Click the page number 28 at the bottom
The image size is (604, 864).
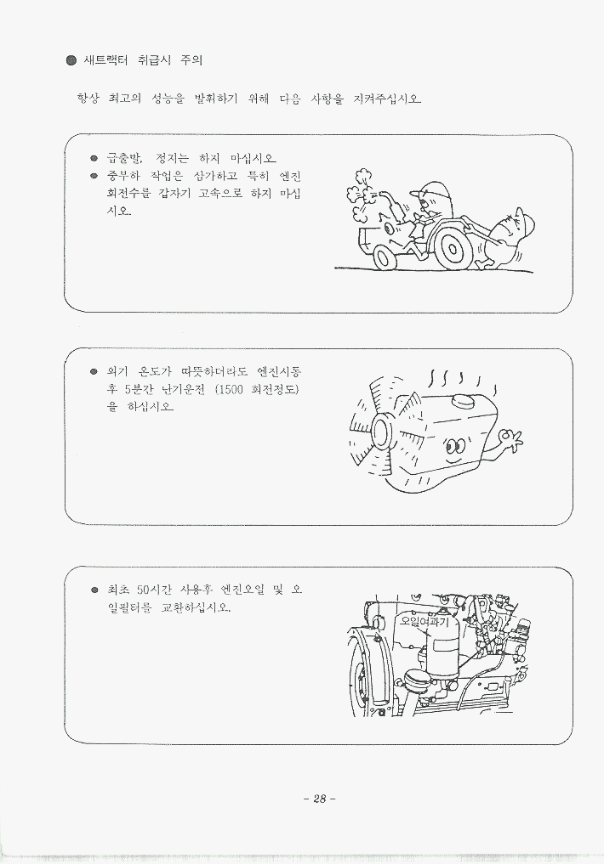click(319, 799)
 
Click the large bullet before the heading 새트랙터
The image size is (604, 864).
click(71, 60)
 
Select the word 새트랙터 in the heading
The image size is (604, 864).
click(105, 60)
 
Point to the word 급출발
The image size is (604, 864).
click(124, 159)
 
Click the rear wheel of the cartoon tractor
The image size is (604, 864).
click(452, 250)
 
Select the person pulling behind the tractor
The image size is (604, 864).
click(506, 237)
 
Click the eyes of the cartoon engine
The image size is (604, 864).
click(454, 444)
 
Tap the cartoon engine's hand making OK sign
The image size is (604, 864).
click(509, 441)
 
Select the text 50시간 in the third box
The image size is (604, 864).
click(154, 590)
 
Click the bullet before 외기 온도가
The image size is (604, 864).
click(94, 371)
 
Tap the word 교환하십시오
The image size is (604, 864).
click(196, 607)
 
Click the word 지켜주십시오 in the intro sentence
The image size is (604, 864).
click(387, 99)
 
